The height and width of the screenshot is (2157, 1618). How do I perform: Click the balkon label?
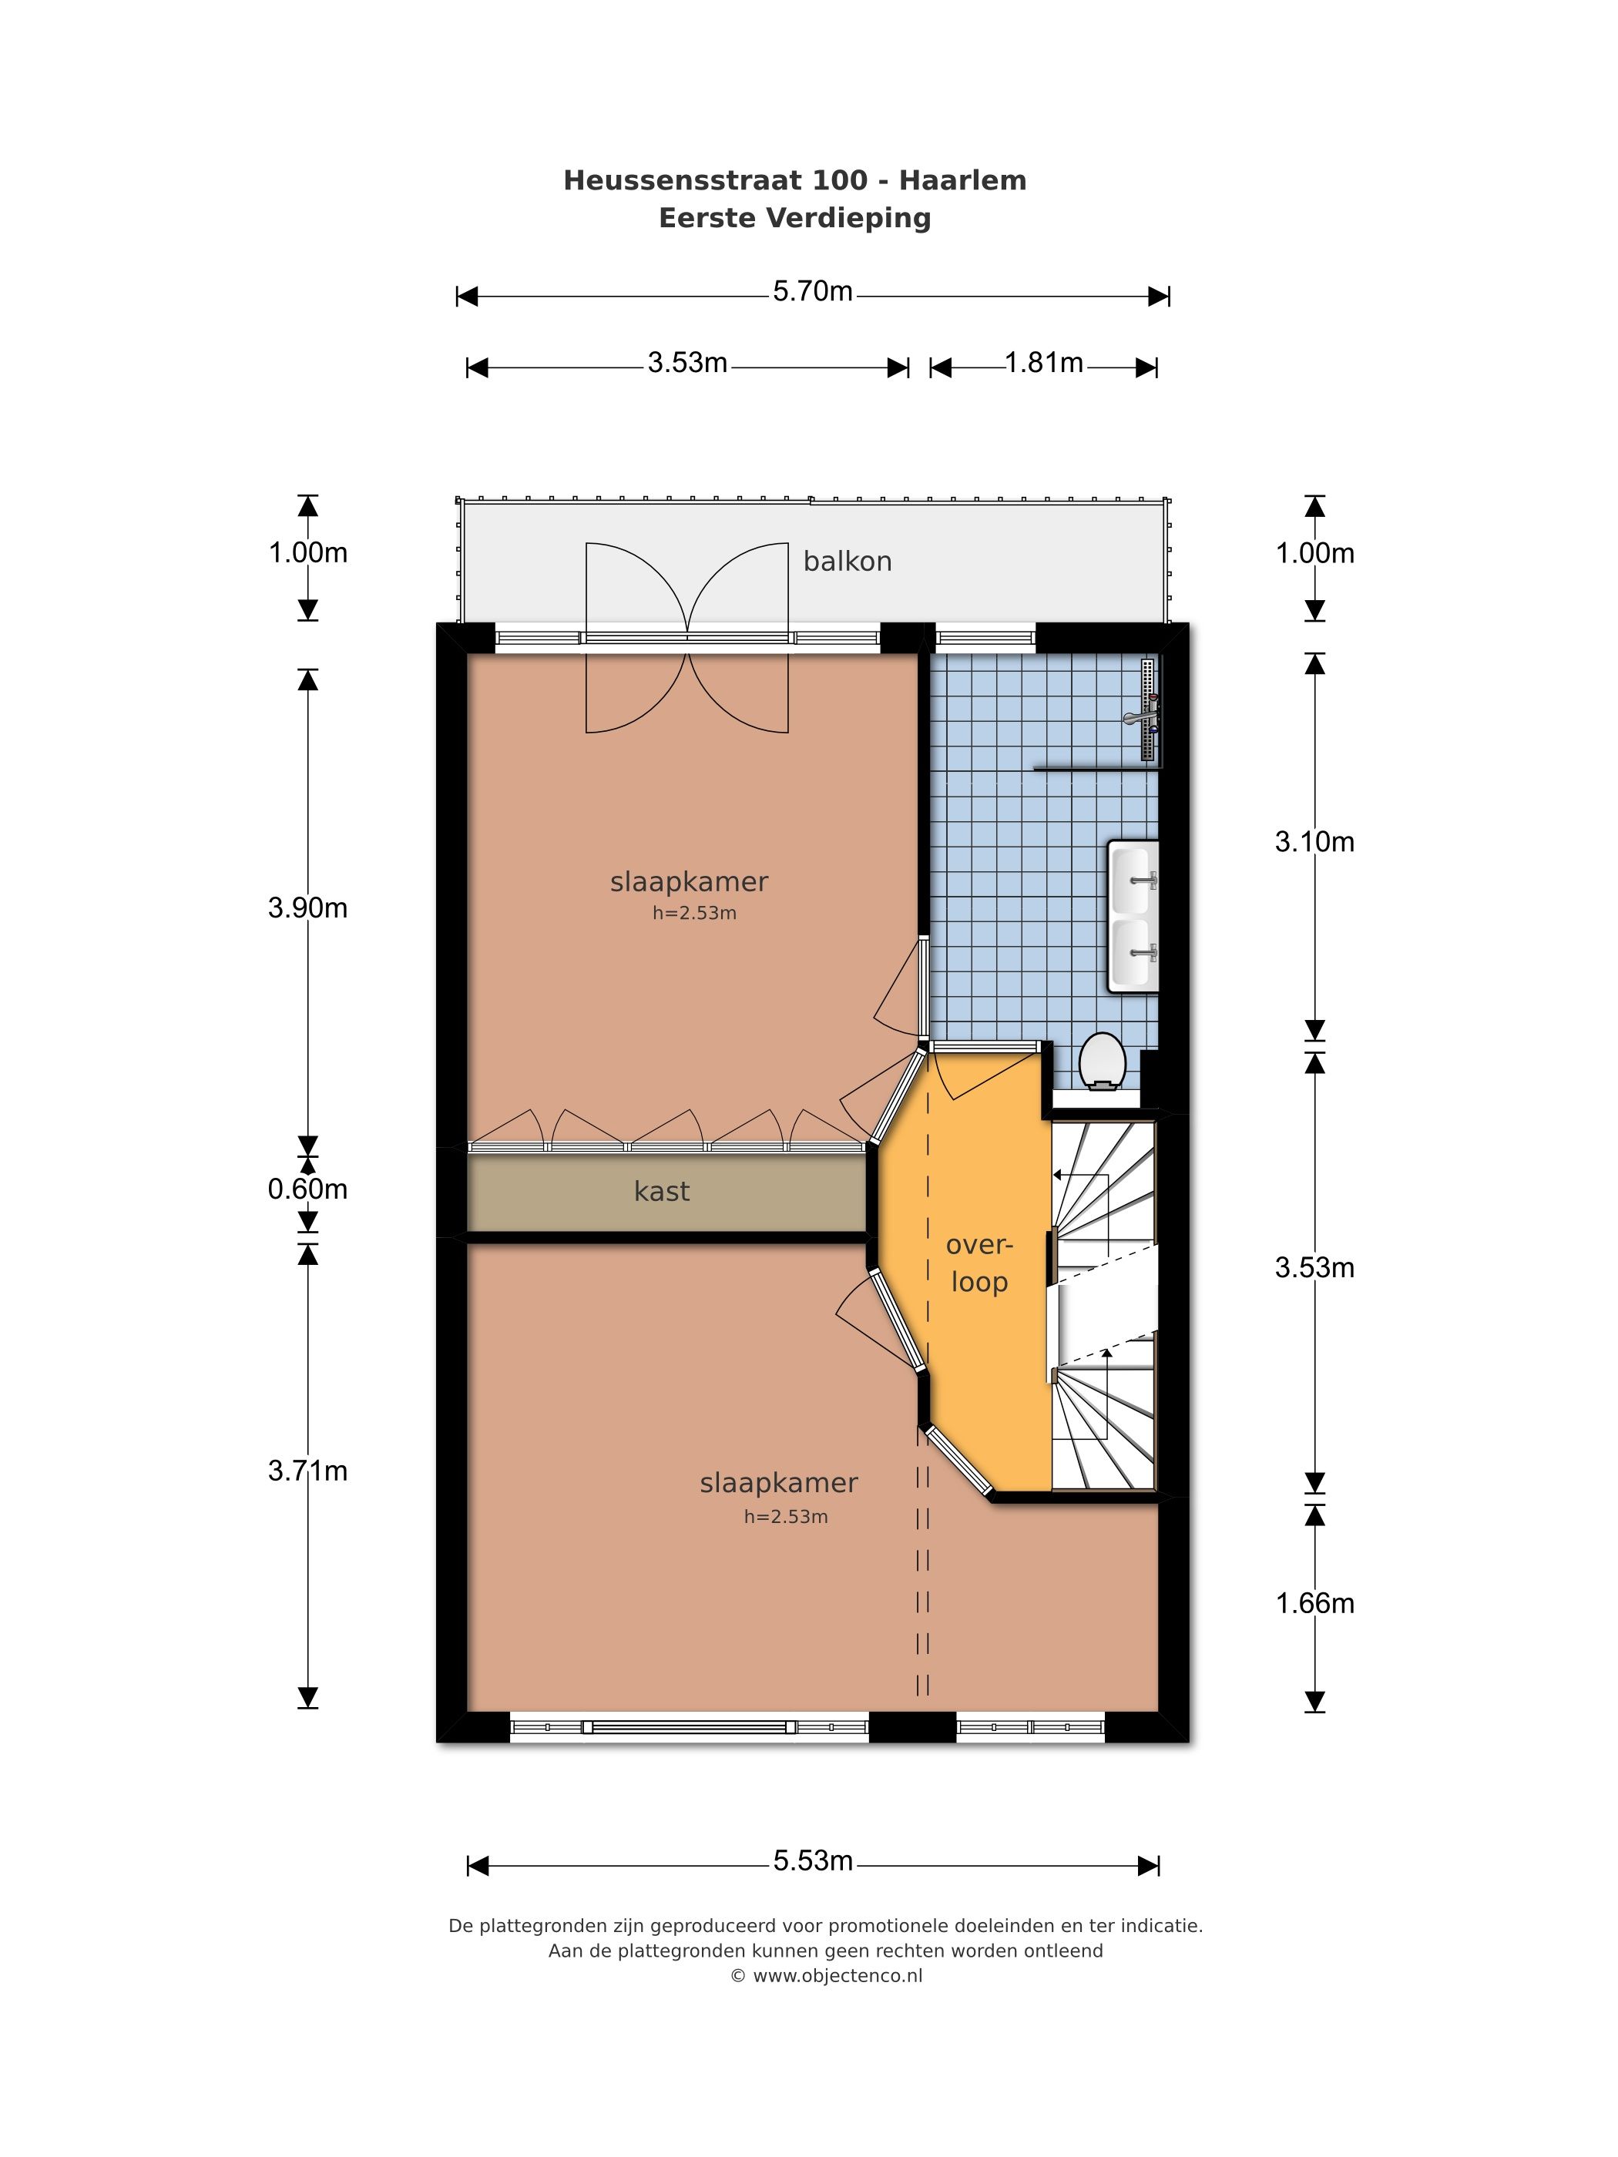(847, 562)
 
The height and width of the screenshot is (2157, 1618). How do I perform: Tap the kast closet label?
(661, 1191)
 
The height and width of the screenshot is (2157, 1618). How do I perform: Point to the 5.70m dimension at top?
(812, 291)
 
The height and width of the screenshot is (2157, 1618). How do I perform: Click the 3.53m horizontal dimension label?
(687, 363)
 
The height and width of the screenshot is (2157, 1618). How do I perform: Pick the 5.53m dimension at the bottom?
(814, 1860)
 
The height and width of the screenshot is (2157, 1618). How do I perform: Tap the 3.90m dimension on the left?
(308, 907)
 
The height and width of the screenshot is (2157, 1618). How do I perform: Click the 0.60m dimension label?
(308, 1189)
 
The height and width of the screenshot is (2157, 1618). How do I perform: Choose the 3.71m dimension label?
(308, 1471)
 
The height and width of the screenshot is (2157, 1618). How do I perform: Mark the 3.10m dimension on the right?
(1314, 841)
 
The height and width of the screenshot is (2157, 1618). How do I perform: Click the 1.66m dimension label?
(1314, 1603)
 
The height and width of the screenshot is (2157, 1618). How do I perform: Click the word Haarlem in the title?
(962, 180)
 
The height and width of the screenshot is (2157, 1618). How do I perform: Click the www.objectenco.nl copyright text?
(826, 1976)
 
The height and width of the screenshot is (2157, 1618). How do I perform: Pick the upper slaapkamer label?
(689, 881)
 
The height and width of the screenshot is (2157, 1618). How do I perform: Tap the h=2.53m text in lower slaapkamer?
(786, 1516)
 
